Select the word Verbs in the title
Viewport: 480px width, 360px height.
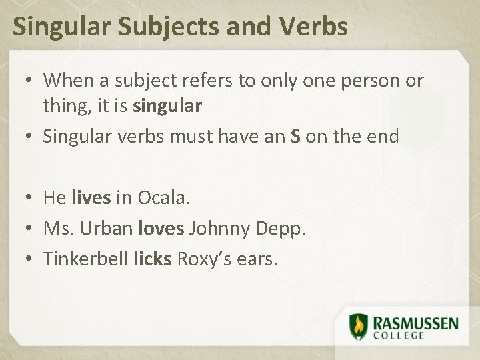pyautogui.click(x=314, y=27)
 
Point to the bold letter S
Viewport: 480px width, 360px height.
pyautogui.click(x=295, y=137)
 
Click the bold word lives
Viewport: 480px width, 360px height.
pyautogui.click(x=91, y=198)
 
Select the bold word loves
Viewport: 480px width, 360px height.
pyautogui.click(x=161, y=229)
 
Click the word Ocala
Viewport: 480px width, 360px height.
pyautogui.click(x=164, y=198)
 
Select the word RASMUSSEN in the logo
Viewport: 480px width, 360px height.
pyautogui.click(x=415, y=323)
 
